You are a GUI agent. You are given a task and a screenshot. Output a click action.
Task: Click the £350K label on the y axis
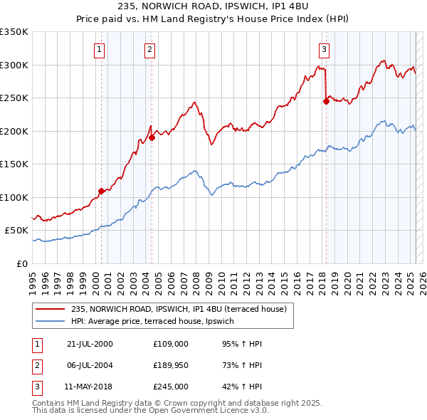14,32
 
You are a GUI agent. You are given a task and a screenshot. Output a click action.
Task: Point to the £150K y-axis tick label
14,164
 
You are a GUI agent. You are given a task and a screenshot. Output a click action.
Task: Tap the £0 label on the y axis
23,263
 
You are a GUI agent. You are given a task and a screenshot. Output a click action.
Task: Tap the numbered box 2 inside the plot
150,49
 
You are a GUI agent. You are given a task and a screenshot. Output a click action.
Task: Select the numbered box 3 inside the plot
324,49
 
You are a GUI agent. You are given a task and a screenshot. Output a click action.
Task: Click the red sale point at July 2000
102,191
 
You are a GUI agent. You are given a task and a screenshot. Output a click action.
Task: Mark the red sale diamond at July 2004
152,137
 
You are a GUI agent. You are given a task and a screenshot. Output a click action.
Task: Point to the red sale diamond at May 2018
326,101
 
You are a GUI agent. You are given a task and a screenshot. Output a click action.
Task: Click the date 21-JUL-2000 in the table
89,344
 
